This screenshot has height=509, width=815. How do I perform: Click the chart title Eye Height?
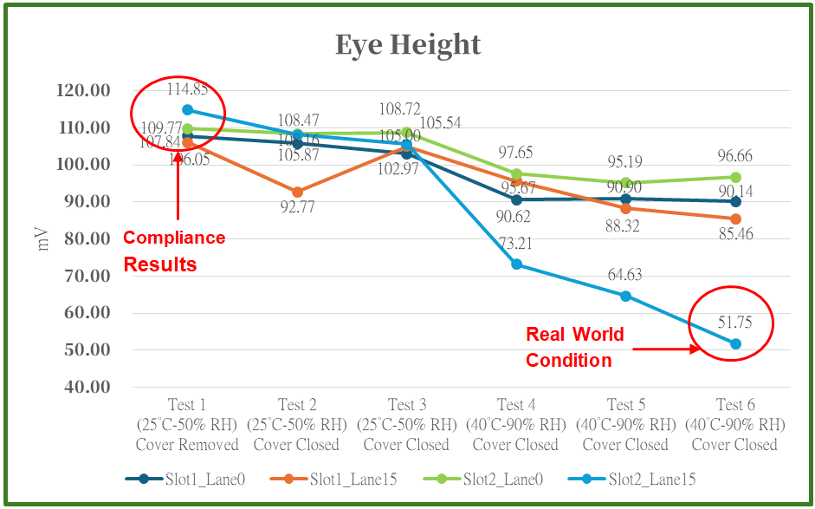pyautogui.click(x=407, y=43)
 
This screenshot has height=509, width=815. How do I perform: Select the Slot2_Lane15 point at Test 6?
pyautogui.click(x=735, y=344)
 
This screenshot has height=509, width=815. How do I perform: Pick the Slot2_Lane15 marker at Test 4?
pyautogui.click(x=516, y=264)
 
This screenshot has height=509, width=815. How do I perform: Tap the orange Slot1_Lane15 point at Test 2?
pyautogui.click(x=297, y=192)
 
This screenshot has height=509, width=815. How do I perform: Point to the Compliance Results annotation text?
pyautogui.click(x=174, y=251)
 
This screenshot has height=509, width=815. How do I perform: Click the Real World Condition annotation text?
pyautogui.click(x=576, y=347)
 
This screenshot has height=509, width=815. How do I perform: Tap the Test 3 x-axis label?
pyautogui.click(x=406, y=425)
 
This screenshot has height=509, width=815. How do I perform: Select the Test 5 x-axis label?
pyautogui.click(x=626, y=425)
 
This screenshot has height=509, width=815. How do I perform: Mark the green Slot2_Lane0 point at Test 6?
pyautogui.click(x=735, y=177)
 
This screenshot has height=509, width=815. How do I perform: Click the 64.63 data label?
pyautogui.click(x=625, y=276)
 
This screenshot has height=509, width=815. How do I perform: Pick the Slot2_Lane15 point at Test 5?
pyautogui.click(x=625, y=297)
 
